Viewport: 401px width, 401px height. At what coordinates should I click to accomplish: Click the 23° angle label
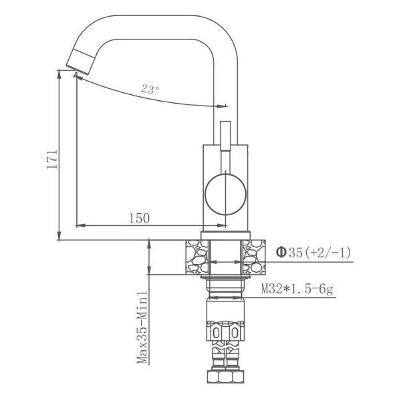click(x=150, y=88)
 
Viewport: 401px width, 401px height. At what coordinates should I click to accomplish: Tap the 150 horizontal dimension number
click(x=139, y=218)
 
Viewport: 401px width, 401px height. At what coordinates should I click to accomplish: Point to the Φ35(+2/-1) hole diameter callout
click(x=313, y=252)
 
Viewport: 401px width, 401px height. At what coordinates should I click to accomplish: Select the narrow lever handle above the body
click(x=225, y=137)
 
